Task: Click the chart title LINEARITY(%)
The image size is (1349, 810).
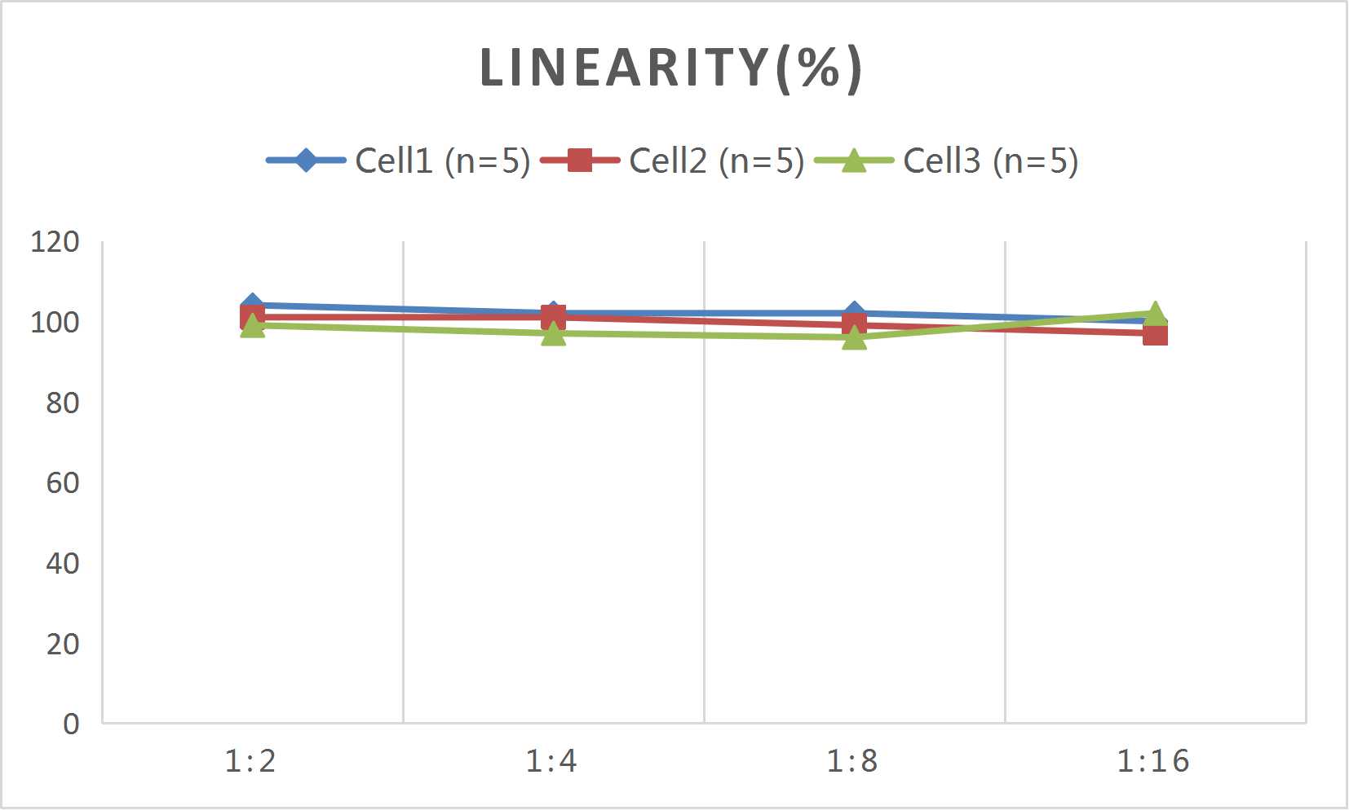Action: [670, 68]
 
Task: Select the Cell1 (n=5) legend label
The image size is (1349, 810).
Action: [443, 161]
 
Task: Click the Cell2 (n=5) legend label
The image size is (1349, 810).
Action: [717, 161]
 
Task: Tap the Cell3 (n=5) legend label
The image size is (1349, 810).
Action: [991, 161]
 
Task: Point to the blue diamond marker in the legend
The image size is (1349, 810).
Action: [306, 160]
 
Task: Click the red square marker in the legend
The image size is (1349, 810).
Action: [579, 160]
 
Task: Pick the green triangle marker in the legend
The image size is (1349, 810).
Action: [853, 161]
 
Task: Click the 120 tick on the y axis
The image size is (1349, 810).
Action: [55, 242]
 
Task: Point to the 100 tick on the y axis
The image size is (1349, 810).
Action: [55, 323]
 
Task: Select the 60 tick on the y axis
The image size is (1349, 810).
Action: [63, 483]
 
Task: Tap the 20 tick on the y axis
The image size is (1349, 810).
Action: [63, 645]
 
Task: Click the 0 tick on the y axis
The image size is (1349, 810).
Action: [72, 724]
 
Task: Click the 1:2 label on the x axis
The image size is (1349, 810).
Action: [251, 761]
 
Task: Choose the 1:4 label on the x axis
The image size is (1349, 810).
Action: [552, 761]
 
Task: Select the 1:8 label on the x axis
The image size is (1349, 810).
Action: [853, 761]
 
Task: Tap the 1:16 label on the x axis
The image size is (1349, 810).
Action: [1153, 761]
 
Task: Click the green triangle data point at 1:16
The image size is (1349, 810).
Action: [1155, 313]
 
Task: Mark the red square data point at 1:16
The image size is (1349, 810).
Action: [1155, 334]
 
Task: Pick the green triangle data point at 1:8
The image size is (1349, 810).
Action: [854, 337]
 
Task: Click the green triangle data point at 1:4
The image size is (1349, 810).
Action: [554, 333]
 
